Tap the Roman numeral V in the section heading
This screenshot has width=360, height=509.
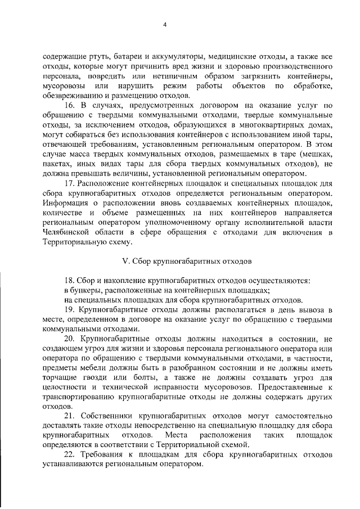(125, 262)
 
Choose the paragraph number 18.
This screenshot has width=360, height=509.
(69, 281)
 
